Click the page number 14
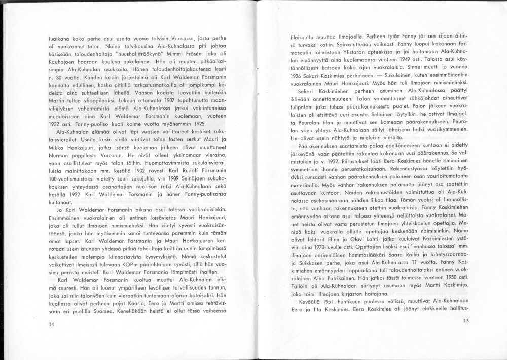pyautogui.click(x=51, y=325)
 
